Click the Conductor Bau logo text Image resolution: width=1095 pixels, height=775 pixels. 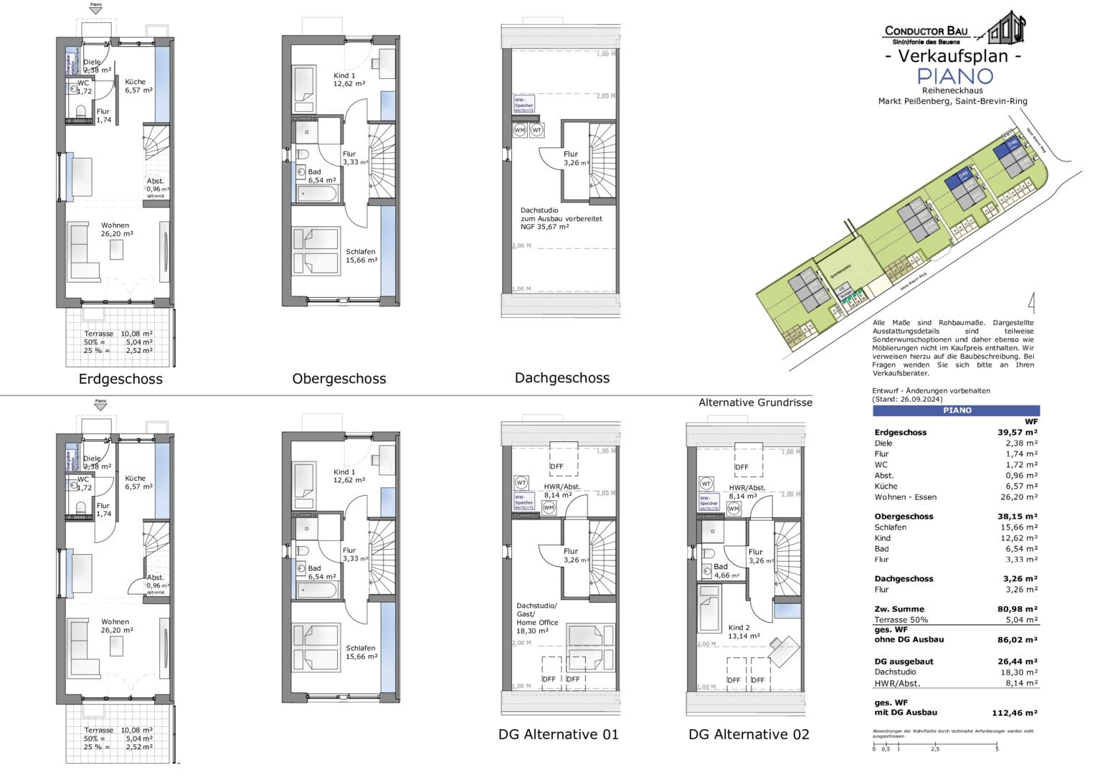pos(926,31)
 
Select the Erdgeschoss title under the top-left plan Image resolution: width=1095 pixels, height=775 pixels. pos(120,379)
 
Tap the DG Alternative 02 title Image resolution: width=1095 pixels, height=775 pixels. pos(749,734)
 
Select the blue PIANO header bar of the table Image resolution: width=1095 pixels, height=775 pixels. pos(956,410)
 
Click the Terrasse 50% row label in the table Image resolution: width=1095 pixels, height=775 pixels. pos(901,620)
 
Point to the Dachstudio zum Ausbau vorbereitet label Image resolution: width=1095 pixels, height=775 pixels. pos(561,218)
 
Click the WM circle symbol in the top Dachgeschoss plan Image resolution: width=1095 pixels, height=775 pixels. pos(520,131)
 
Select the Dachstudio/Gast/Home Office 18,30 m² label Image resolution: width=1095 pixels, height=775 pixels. pos(536,618)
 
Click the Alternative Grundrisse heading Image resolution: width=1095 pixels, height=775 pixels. pos(755,403)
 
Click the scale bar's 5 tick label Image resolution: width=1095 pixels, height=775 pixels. pos(997,749)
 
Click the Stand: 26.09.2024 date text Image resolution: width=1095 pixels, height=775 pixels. pos(907,399)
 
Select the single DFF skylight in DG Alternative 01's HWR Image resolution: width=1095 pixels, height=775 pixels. pos(557,459)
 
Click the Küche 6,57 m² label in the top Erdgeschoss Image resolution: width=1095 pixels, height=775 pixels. pos(138,86)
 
